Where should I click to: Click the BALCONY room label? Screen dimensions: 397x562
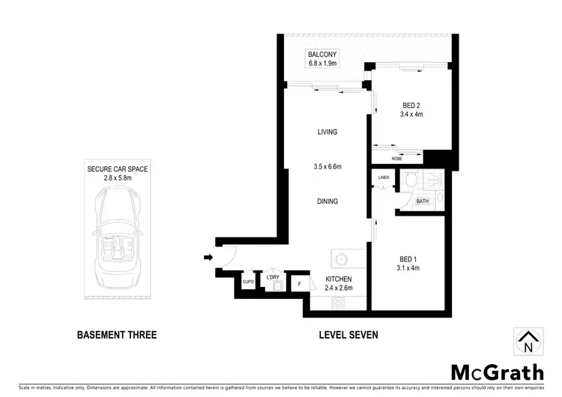pyautogui.click(x=323, y=55)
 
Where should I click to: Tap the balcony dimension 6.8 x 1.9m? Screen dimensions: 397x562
pyautogui.click(x=323, y=64)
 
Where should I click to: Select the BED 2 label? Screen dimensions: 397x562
pyautogui.click(x=410, y=106)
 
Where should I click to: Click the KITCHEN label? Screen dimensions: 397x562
pyautogui.click(x=338, y=279)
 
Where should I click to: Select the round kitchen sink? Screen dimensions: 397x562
pyautogui.click(x=341, y=260)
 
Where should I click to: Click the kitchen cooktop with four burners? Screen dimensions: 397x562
pyautogui.click(x=338, y=303)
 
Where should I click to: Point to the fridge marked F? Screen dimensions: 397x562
pyautogui.click(x=300, y=284)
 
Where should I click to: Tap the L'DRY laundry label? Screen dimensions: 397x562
pyautogui.click(x=273, y=277)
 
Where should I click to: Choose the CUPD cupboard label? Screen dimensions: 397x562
pyautogui.click(x=248, y=282)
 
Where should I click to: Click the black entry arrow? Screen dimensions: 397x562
pyautogui.click(x=208, y=259)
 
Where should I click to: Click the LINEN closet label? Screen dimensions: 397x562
pyautogui.click(x=384, y=178)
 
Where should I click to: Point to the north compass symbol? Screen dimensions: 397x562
pyautogui.click(x=528, y=342)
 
